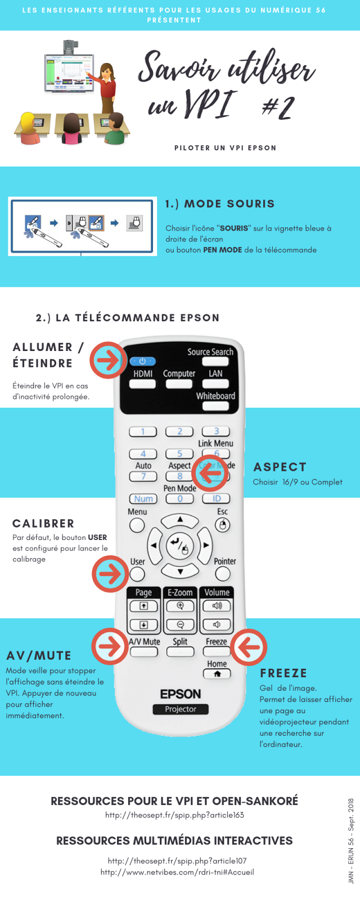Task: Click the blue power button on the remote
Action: tap(142, 361)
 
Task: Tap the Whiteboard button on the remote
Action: tap(216, 406)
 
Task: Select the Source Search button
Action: tap(215, 361)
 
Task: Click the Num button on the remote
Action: tap(143, 498)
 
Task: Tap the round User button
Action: tap(137, 574)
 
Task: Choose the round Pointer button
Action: tap(223, 574)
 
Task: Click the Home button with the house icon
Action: tap(217, 674)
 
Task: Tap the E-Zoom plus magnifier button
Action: tap(180, 606)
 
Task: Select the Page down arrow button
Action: tap(143, 625)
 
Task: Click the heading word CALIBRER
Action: tap(43, 524)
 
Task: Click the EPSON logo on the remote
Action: tap(181, 694)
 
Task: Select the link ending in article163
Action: tap(175, 815)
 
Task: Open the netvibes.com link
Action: tap(177, 872)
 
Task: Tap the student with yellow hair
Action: tap(29, 128)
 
